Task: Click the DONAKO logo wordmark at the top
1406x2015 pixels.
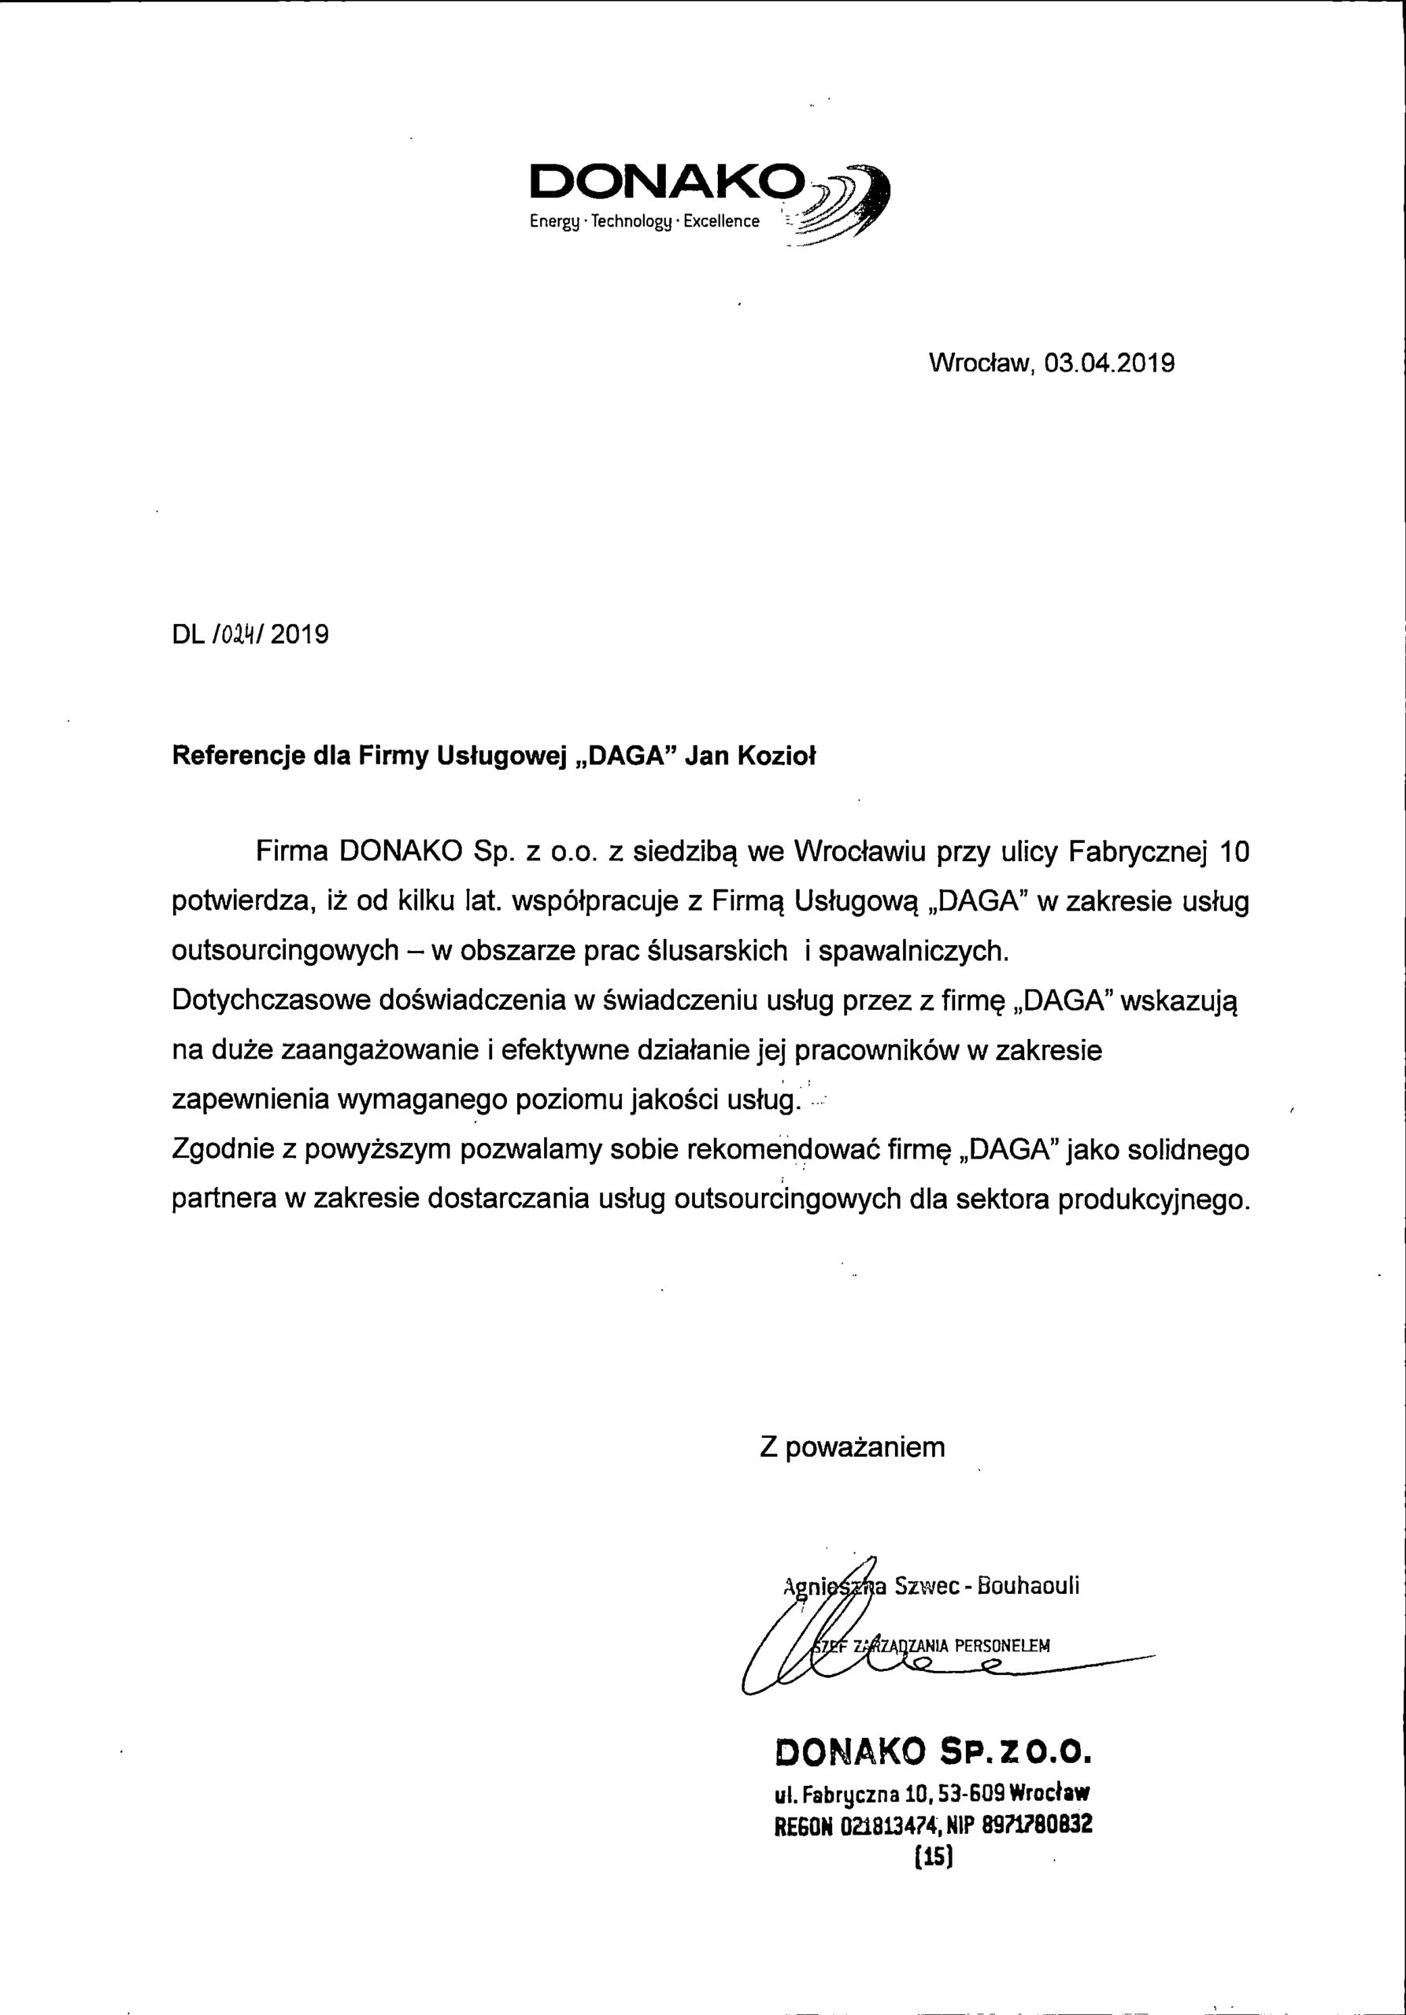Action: (x=667, y=183)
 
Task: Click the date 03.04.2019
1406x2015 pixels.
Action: (x=1109, y=364)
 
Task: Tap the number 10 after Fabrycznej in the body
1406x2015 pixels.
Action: (x=1234, y=852)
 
